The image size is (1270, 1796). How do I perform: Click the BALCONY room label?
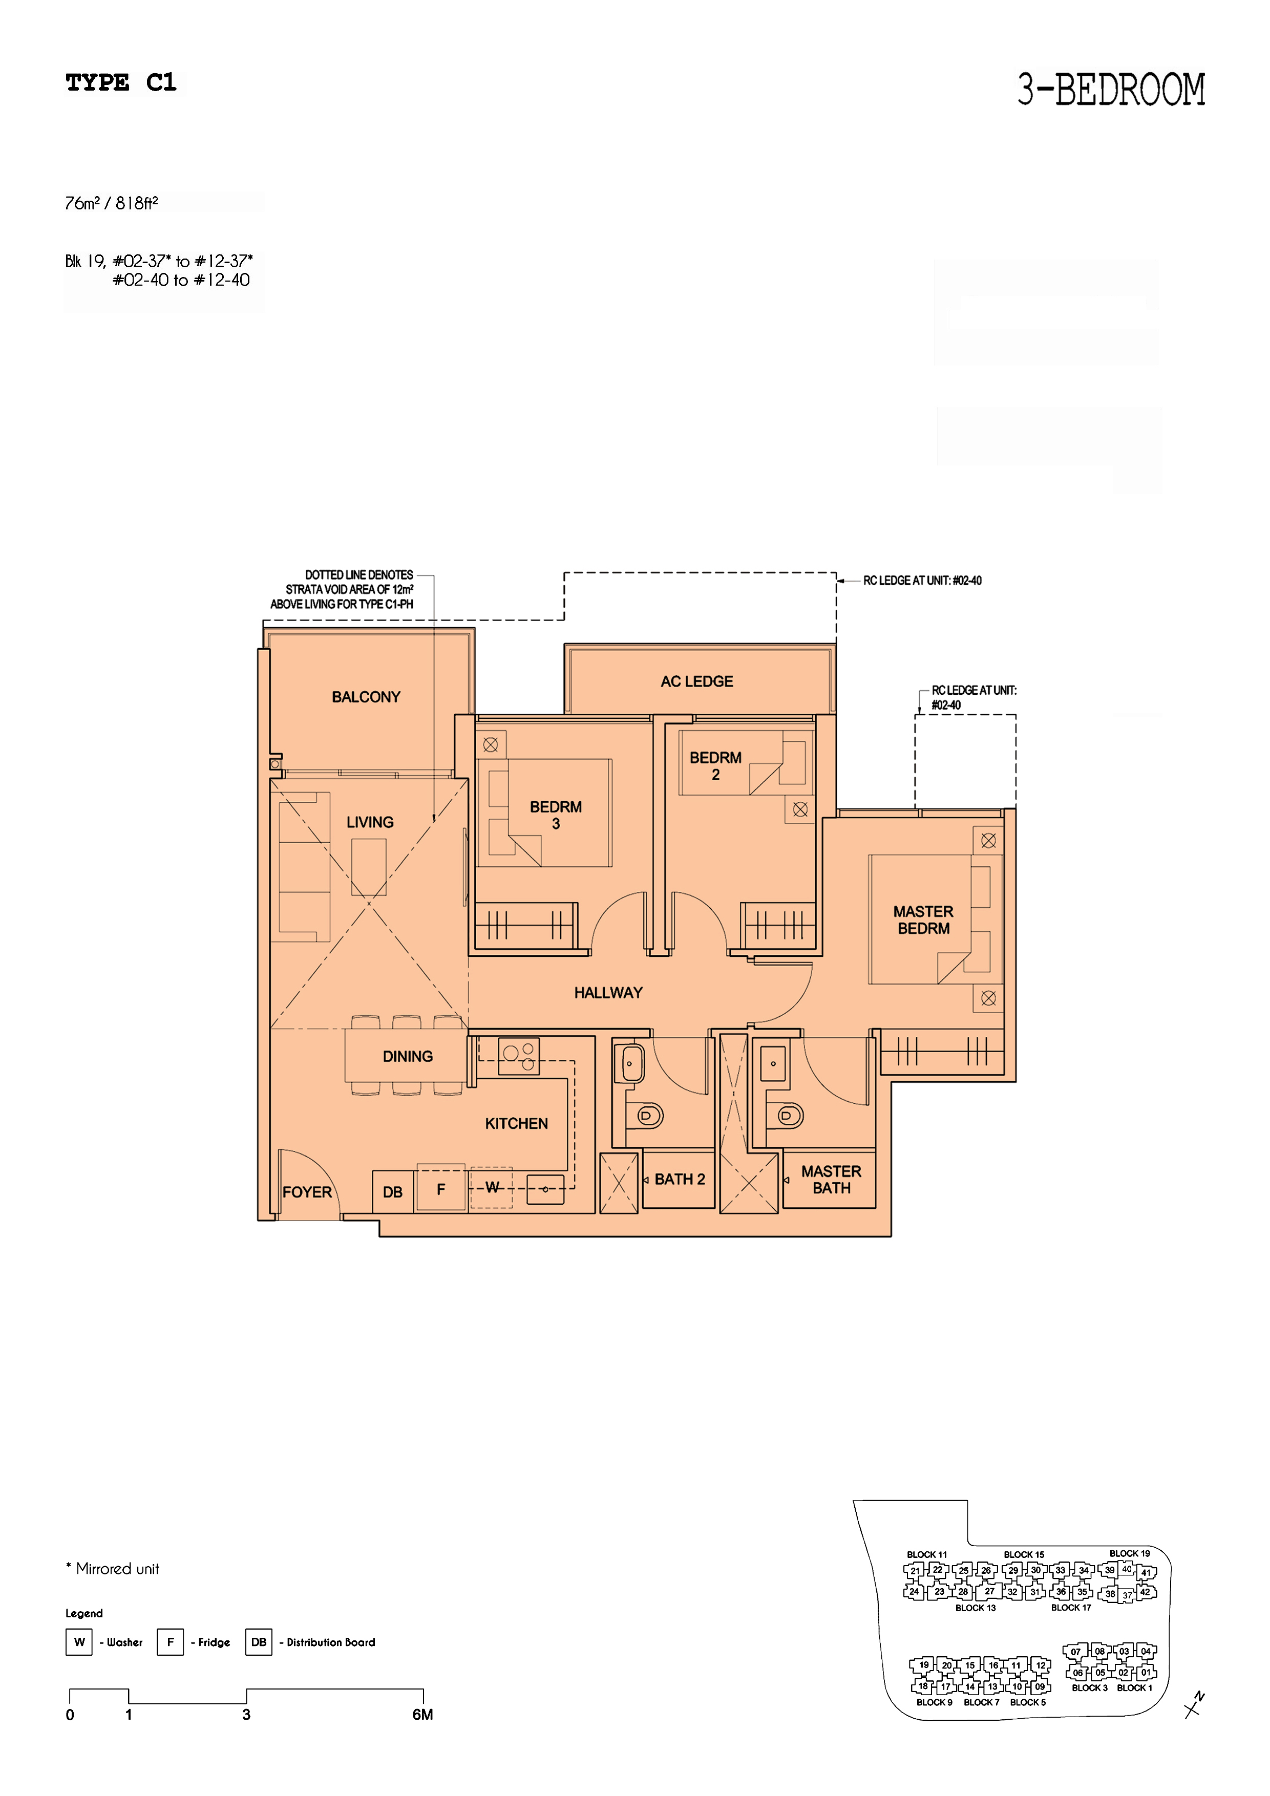pyautogui.click(x=366, y=697)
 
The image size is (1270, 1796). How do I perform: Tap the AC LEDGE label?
pyautogui.click(x=696, y=681)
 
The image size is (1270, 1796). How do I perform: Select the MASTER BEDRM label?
pyautogui.click(x=923, y=920)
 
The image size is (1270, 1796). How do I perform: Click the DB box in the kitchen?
pyautogui.click(x=393, y=1191)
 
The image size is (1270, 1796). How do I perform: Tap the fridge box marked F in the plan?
pyautogui.click(x=441, y=1188)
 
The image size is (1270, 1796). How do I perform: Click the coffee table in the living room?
pyautogui.click(x=369, y=867)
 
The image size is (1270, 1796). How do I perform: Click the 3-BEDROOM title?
pyautogui.click(x=1111, y=89)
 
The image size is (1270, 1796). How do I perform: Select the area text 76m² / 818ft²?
pyautogui.click(x=112, y=203)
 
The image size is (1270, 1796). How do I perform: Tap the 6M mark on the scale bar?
pyautogui.click(x=422, y=1715)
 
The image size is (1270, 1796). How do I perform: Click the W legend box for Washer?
pyautogui.click(x=79, y=1642)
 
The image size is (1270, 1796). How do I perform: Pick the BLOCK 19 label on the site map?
pyautogui.click(x=1129, y=1553)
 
